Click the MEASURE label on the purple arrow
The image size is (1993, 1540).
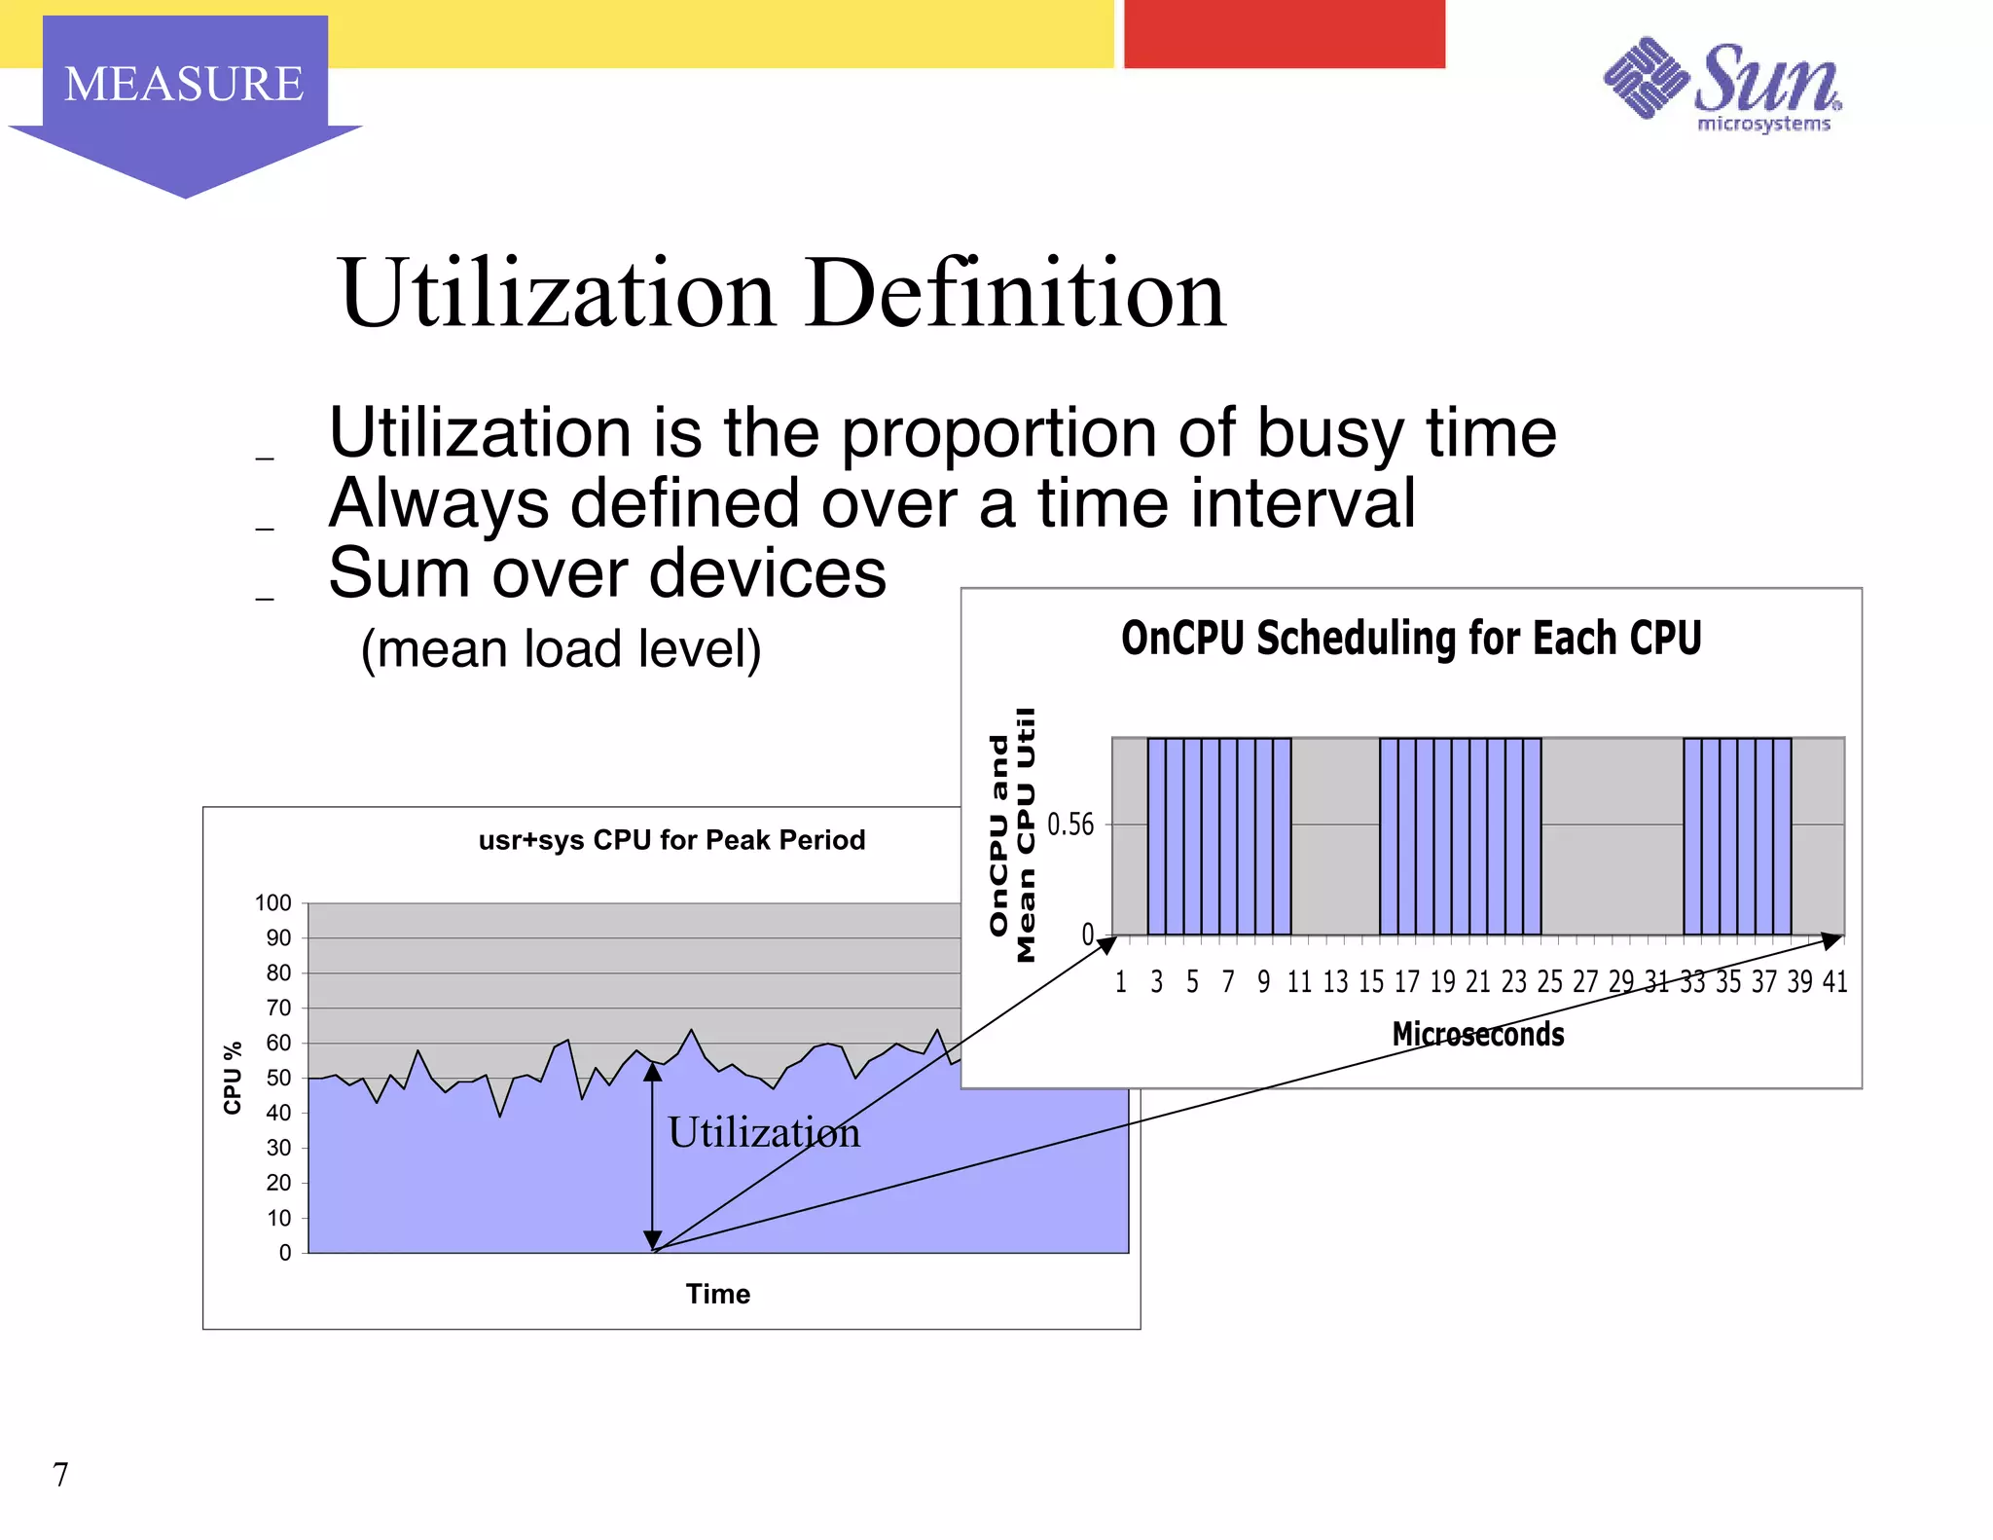point(184,84)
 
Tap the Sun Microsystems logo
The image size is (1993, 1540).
point(1722,86)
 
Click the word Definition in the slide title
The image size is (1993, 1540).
point(1016,293)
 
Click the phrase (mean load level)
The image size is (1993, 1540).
point(561,649)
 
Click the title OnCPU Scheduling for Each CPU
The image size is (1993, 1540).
point(1410,639)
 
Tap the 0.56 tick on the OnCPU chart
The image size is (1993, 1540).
point(1070,825)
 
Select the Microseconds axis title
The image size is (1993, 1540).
point(1477,1034)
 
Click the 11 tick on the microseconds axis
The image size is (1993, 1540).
point(1299,982)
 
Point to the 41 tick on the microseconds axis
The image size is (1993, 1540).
point(1834,982)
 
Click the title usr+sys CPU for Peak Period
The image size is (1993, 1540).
point(671,840)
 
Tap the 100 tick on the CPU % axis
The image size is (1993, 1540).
point(273,903)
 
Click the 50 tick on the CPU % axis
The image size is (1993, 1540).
point(278,1078)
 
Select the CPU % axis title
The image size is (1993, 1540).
point(233,1078)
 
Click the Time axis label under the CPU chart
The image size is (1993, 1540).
point(718,1294)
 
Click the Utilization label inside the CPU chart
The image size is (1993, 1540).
point(764,1132)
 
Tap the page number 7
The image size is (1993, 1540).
point(60,1475)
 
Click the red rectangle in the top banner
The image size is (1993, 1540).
point(1284,34)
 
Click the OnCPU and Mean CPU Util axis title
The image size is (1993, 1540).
point(1012,835)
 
